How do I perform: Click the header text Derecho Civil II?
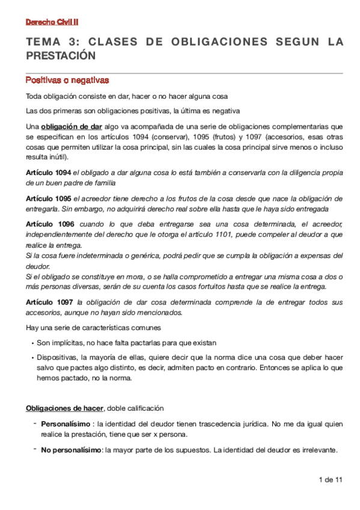[x=52, y=22]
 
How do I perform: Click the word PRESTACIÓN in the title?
[x=61, y=55]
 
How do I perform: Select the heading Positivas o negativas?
[x=67, y=80]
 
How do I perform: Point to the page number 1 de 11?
[x=330, y=479]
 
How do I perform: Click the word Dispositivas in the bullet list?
[x=56, y=357]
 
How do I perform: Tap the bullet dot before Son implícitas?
[x=32, y=343]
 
